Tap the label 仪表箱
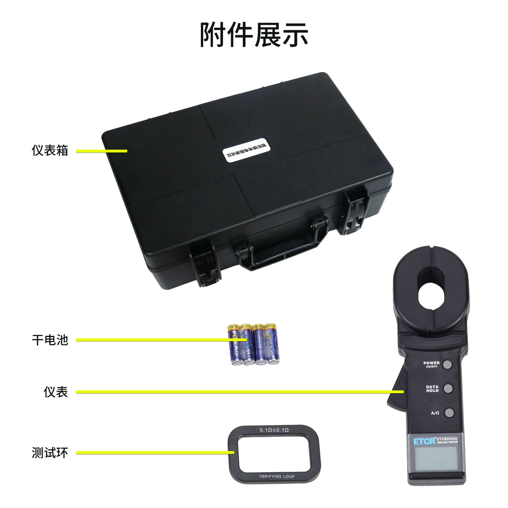(50, 151)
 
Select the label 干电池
(50, 340)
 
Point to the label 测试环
(50, 453)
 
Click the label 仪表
(56, 392)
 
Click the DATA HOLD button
(448, 388)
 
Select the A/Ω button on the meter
(449, 412)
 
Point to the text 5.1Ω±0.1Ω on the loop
(274, 430)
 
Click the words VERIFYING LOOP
(276, 477)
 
